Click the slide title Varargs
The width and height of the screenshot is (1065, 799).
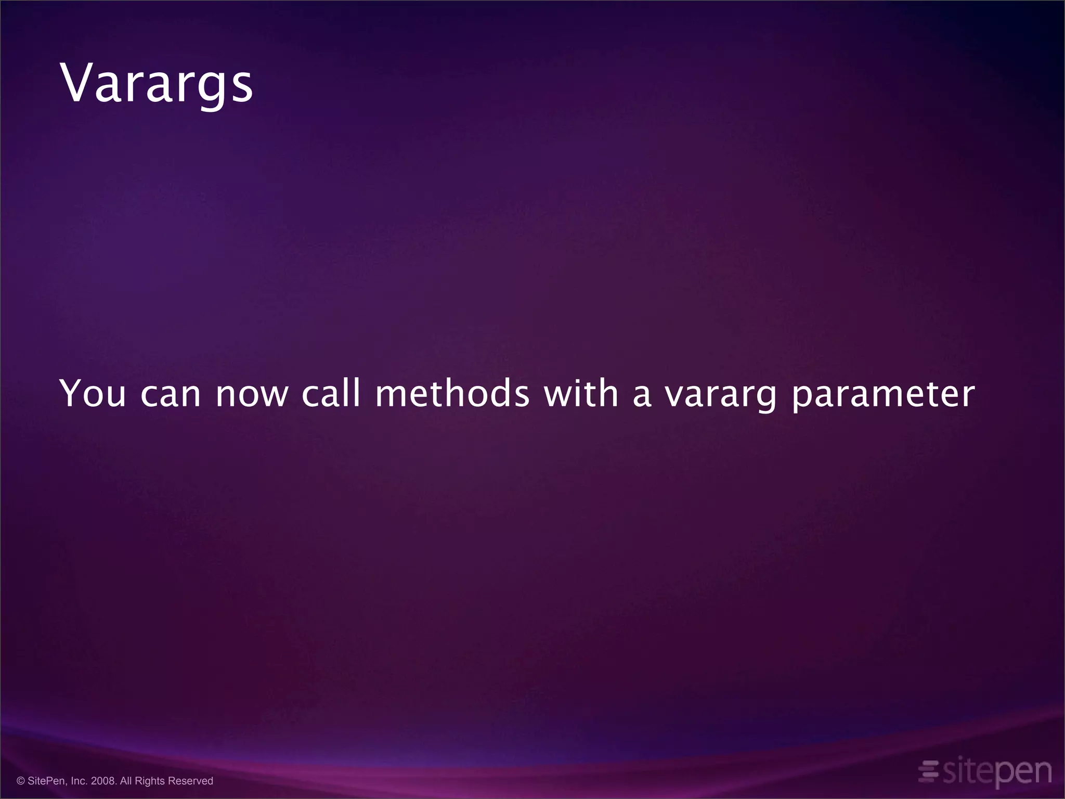pyautogui.click(x=157, y=83)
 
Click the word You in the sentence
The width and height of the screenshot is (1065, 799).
pyautogui.click(x=93, y=394)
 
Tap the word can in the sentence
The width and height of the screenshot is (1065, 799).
pyautogui.click(x=171, y=394)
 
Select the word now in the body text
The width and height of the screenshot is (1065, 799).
pyautogui.click(x=252, y=394)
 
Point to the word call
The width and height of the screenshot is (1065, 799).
pyautogui.click(x=331, y=394)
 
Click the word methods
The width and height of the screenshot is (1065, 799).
pyautogui.click(x=452, y=394)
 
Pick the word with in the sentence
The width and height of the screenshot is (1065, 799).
pyautogui.click(x=581, y=394)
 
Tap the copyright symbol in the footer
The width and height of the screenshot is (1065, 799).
pyautogui.click(x=21, y=781)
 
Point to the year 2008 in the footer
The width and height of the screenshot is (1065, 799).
pyautogui.click(x=103, y=781)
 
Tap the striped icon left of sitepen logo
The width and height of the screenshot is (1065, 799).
pyautogui.click(x=928, y=771)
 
